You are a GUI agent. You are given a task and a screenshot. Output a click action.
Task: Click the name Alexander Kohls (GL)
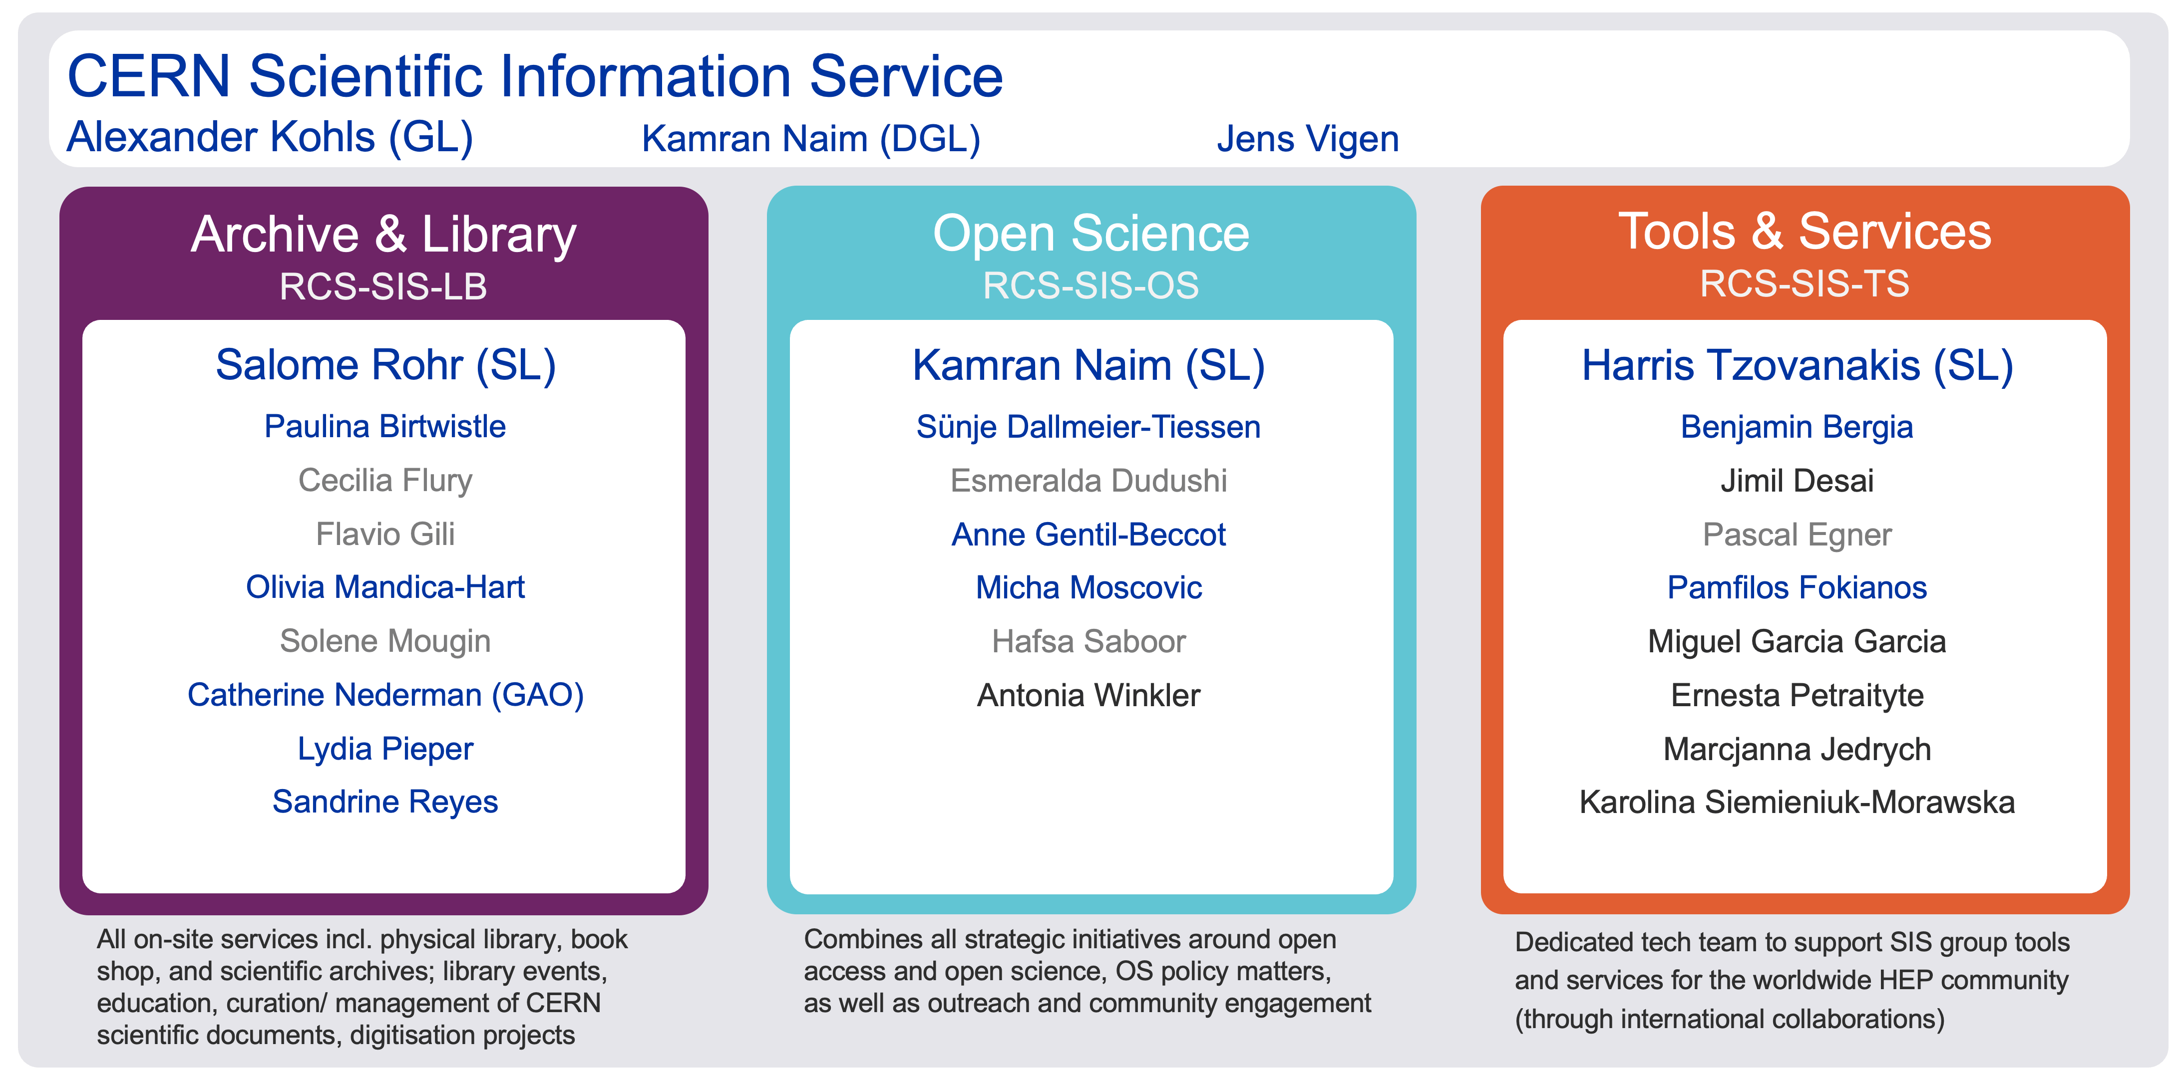(x=270, y=137)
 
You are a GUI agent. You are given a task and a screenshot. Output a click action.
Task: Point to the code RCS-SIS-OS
(x=1091, y=285)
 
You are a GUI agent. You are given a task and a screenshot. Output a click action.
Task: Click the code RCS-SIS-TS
(x=1804, y=284)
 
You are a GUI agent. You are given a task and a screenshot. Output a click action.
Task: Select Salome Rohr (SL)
(x=385, y=366)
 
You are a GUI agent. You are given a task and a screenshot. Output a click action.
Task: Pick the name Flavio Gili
(x=385, y=535)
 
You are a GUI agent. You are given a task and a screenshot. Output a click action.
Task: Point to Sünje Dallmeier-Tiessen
(x=1089, y=427)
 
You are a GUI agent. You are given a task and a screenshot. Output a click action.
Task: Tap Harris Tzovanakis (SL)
(x=1798, y=366)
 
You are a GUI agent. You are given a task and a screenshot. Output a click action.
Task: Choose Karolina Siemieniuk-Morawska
(x=1798, y=803)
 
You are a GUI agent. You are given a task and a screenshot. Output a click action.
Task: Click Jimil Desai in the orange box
(x=1798, y=481)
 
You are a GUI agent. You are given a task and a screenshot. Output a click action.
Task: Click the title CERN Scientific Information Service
(x=535, y=76)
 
